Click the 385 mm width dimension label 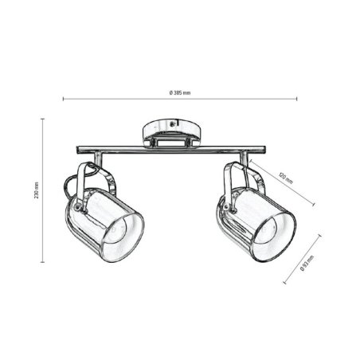click(180, 93)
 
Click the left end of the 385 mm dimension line click(64, 100)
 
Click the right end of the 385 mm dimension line click(297, 100)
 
